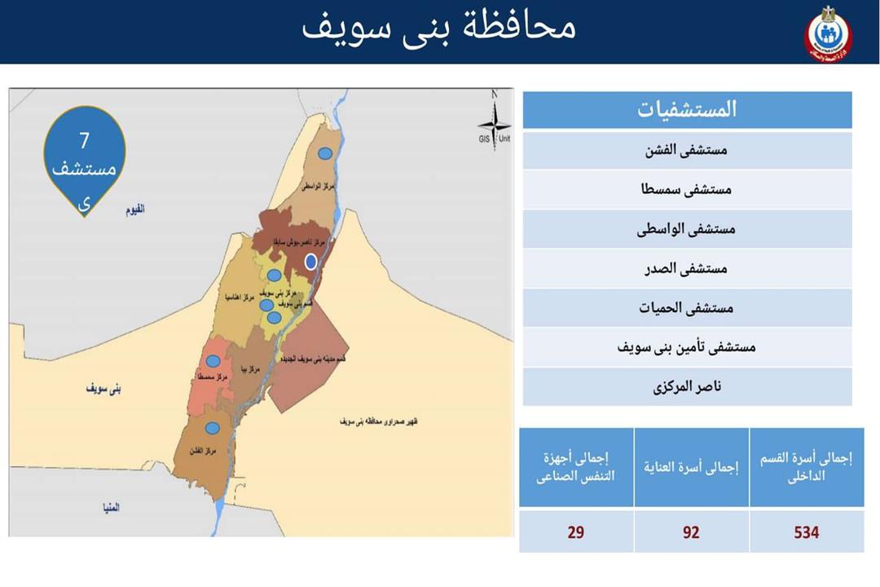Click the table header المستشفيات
click(687, 109)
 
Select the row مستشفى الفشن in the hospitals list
click(687, 150)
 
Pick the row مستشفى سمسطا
click(687, 189)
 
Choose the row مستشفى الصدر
click(687, 268)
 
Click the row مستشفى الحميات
click(687, 307)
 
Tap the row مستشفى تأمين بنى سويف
click(687, 346)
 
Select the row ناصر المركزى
click(687, 386)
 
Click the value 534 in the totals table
click(807, 532)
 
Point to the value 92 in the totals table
click(691, 532)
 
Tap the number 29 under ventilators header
click(576, 532)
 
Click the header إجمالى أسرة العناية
click(691, 467)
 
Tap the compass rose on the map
click(494, 124)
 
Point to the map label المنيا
click(111, 507)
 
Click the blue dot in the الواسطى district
click(325, 152)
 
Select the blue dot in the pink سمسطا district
click(213, 361)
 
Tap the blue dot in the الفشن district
click(212, 428)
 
